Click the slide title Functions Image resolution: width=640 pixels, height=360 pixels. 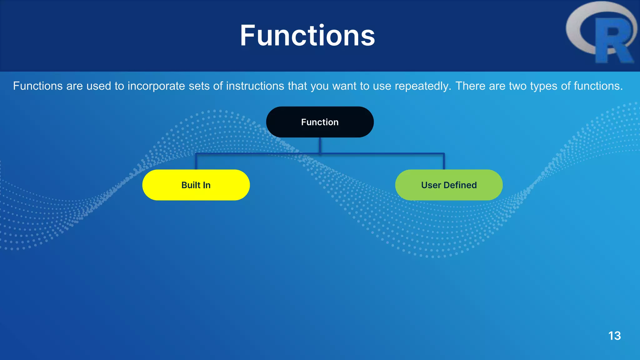[307, 36]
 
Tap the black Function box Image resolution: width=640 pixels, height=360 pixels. [320, 122]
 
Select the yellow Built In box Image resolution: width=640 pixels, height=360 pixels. [196, 185]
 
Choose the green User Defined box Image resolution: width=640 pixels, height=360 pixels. [449, 185]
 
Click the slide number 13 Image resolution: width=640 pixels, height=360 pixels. [614, 336]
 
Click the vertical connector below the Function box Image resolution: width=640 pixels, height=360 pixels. [320, 145]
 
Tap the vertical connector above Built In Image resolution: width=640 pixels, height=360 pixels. [196, 162]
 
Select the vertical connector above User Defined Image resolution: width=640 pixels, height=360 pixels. [443, 162]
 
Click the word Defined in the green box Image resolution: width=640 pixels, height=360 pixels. [460, 185]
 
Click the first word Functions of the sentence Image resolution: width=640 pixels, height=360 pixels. [38, 86]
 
